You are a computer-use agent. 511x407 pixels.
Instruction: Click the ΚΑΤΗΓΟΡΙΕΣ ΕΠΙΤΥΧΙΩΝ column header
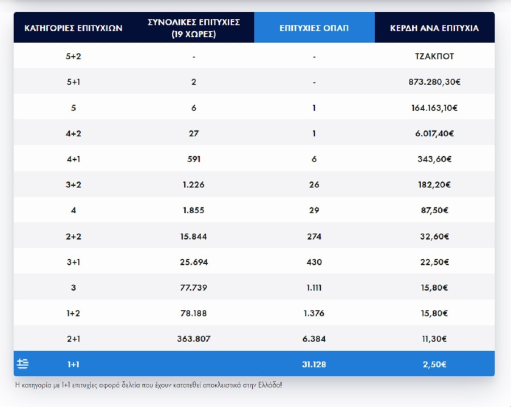pos(74,28)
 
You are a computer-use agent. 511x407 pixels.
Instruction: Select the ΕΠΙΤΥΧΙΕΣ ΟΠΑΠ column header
pos(314,28)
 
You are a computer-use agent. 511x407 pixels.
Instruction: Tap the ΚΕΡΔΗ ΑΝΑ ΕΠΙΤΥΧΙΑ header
pos(434,28)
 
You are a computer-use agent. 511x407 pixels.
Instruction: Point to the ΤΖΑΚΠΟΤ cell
pos(434,56)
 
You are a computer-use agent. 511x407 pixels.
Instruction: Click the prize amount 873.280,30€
pos(434,82)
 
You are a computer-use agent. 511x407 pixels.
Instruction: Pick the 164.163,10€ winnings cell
pos(434,108)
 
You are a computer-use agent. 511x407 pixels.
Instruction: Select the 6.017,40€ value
pos(434,134)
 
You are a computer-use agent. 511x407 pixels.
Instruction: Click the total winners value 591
pos(194,159)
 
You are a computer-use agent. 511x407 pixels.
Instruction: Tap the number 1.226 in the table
pos(194,185)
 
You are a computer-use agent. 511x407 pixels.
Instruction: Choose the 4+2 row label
pos(74,134)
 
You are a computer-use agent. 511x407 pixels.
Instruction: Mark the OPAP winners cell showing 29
pos(314,210)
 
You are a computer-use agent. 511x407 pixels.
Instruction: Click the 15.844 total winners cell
pos(194,236)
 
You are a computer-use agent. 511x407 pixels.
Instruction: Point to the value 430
pos(314,262)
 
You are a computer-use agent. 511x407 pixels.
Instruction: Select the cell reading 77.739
pos(194,288)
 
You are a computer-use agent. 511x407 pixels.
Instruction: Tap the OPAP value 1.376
pos(314,313)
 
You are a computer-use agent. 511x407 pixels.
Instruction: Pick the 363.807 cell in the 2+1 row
pos(194,339)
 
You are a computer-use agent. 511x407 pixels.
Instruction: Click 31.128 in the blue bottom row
pos(314,364)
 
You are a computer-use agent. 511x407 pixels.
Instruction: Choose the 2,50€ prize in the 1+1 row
pos(434,364)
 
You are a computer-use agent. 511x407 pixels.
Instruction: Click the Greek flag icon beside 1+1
pos(23,364)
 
